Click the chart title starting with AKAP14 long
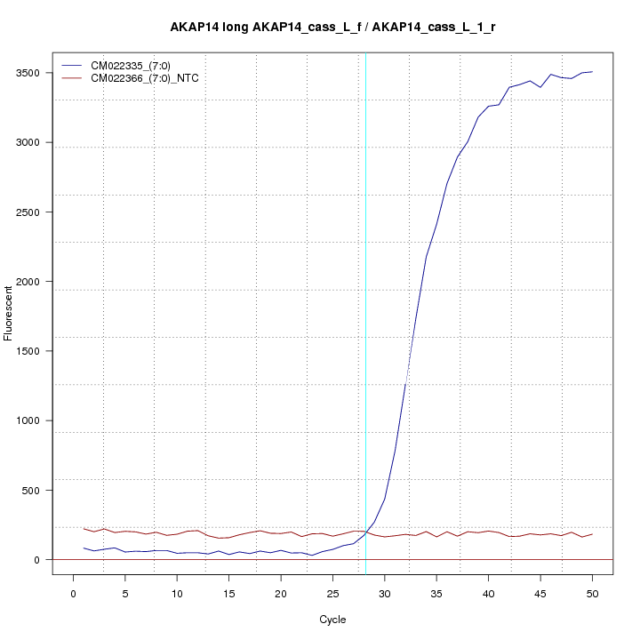click(x=332, y=28)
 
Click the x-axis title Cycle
click(x=332, y=620)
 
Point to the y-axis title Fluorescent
click(x=10, y=313)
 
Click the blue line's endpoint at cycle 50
click(x=592, y=72)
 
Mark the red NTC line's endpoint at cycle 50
click(x=592, y=534)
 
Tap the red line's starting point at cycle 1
click(x=84, y=529)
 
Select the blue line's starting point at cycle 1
click(x=84, y=548)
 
